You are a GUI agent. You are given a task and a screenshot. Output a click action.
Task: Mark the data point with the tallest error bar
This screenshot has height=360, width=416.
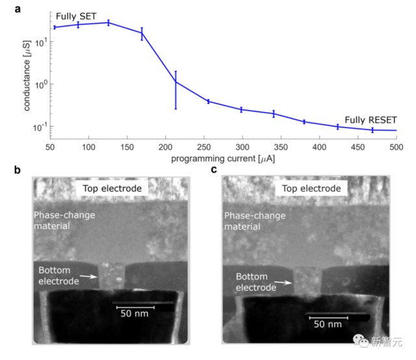pos(175,82)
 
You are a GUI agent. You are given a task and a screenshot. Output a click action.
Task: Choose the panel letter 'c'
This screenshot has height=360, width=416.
pos(214,171)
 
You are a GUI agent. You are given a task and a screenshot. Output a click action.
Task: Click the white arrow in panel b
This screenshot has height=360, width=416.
pos(89,277)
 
